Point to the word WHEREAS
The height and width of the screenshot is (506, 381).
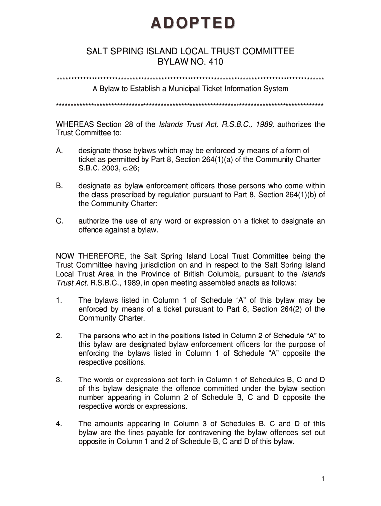pyautogui.click(x=75, y=124)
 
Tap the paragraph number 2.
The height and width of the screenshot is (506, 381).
pyautogui.click(x=58, y=336)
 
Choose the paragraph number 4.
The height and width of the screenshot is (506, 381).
pyautogui.click(x=58, y=424)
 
